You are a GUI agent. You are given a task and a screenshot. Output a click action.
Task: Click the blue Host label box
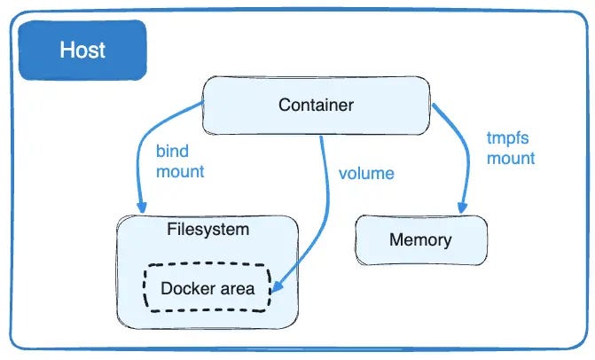pyautogui.click(x=82, y=50)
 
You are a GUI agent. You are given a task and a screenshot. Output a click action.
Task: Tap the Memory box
pyautogui.click(x=420, y=239)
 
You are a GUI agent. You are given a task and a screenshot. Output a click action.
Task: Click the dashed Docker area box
pyautogui.click(x=207, y=288)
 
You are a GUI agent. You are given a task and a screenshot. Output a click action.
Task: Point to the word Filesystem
pyautogui.click(x=207, y=230)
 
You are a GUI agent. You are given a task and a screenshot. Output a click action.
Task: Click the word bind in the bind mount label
pyautogui.click(x=172, y=152)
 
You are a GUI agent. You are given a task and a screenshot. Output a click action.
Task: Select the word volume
pyautogui.click(x=365, y=172)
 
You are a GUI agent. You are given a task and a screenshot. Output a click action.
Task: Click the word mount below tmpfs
pyautogui.click(x=511, y=159)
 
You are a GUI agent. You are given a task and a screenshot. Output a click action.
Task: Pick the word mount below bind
pyautogui.click(x=180, y=171)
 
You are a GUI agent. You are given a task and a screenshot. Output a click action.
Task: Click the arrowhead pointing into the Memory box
pyautogui.click(x=461, y=207)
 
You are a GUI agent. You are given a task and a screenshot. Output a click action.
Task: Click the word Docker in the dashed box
pyautogui.click(x=184, y=288)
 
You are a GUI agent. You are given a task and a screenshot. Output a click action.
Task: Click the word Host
pyautogui.click(x=82, y=50)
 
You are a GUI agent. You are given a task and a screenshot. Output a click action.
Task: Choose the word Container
pyautogui.click(x=317, y=106)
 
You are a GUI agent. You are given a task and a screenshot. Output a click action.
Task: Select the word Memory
pyautogui.click(x=420, y=239)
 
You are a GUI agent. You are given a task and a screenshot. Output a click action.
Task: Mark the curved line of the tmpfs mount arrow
pyautogui.click(x=458, y=151)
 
